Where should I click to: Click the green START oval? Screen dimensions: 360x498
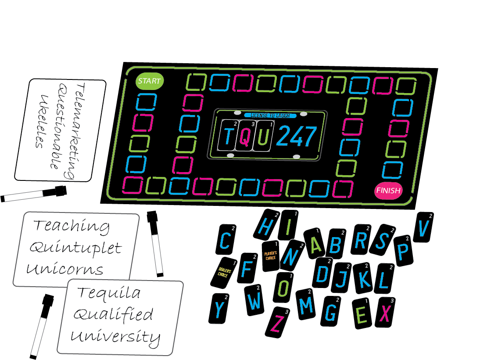coord(149,81)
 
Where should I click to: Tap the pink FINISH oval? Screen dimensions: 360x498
coord(388,190)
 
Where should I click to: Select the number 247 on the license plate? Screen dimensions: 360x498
coord(297,136)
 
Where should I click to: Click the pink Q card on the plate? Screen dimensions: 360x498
coord(246,136)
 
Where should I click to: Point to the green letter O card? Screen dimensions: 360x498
coord(284,288)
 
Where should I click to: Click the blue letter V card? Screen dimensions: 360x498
coord(424,227)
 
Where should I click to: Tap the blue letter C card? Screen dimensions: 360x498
coord(226,240)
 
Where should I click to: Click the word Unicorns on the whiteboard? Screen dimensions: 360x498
coord(65,268)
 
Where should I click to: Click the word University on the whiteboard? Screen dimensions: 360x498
coord(115,337)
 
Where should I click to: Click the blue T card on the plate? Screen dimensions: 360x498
coord(228,136)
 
